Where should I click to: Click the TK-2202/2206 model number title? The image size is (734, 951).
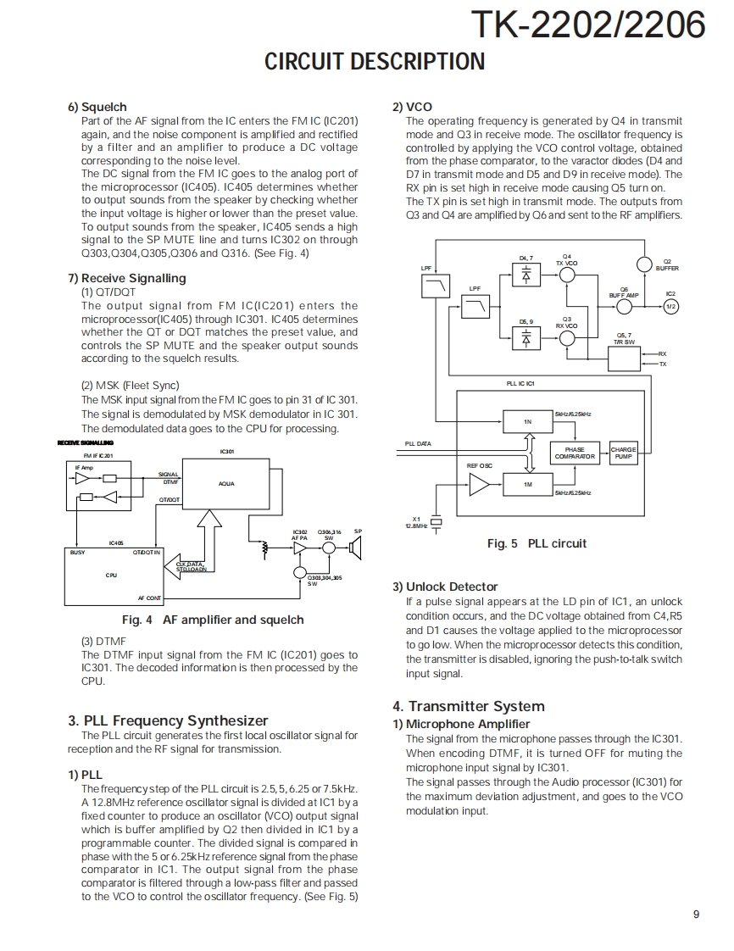click(587, 25)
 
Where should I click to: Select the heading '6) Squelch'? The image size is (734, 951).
click(97, 107)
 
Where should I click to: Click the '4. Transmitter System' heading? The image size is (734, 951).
click(468, 706)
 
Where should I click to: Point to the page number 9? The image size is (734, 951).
click(696, 914)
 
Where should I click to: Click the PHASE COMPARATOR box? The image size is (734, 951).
click(575, 453)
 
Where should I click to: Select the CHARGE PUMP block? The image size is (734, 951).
click(623, 453)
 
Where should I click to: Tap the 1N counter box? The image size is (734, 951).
click(526, 421)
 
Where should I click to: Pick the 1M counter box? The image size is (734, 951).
click(526, 484)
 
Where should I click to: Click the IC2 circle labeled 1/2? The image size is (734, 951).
click(671, 306)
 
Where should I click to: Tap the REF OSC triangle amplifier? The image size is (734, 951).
click(480, 484)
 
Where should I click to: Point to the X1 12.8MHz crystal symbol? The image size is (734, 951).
click(437, 522)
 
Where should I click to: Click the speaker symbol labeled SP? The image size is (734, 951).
click(356, 548)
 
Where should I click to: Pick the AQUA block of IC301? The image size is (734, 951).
click(226, 484)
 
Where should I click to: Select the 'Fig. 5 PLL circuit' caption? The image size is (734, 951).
click(537, 543)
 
